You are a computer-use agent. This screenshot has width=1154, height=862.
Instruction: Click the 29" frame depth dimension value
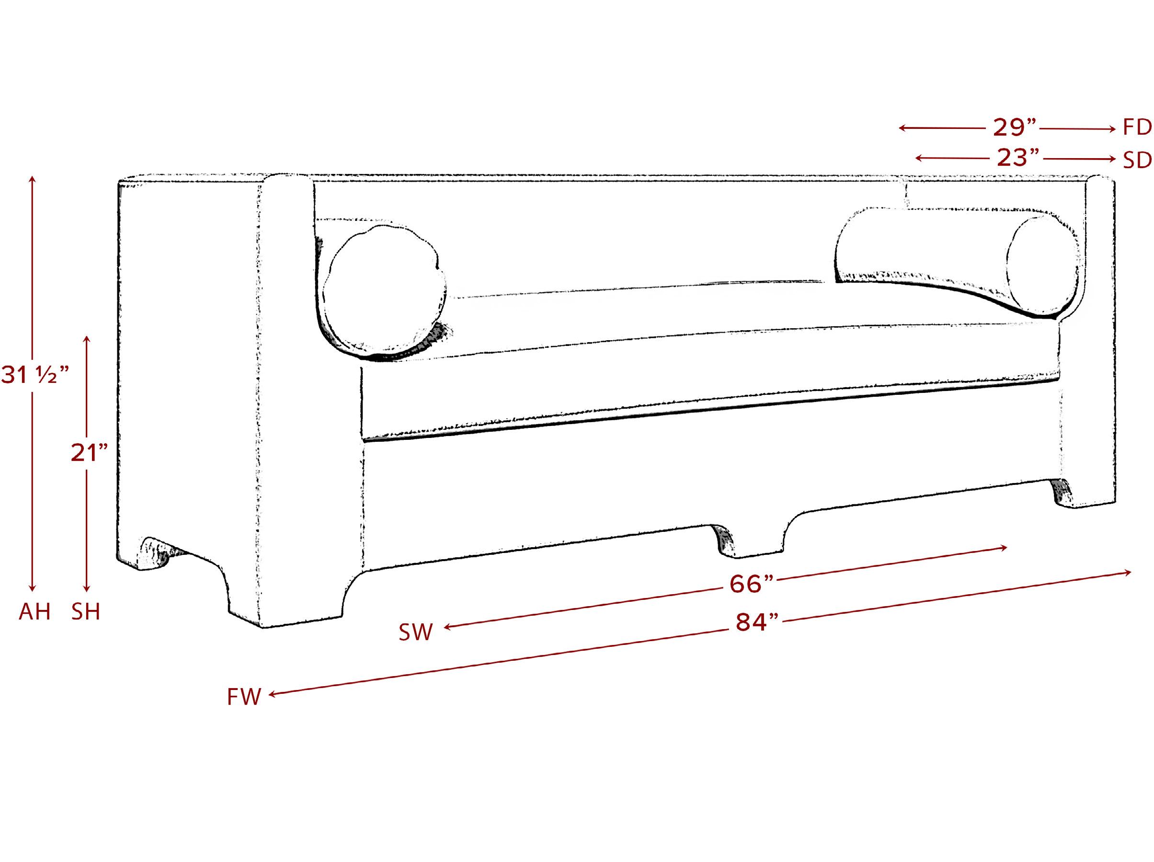click(x=1015, y=127)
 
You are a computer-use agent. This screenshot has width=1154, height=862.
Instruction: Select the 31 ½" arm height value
click(x=35, y=375)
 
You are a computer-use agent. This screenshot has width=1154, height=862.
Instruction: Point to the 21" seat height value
click(x=90, y=453)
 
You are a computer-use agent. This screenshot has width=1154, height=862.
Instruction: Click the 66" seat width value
click(x=751, y=584)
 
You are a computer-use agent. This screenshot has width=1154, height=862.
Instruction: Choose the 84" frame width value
click(x=757, y=622)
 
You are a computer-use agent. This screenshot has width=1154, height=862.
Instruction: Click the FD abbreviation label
click(x=1137, y=127)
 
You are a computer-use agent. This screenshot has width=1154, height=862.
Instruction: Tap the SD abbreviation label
click(x=1137, y=160)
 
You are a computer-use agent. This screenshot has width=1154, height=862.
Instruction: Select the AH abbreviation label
click(x=35, y=611)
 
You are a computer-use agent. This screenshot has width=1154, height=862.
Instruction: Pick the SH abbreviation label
click(x=86, y=611)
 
